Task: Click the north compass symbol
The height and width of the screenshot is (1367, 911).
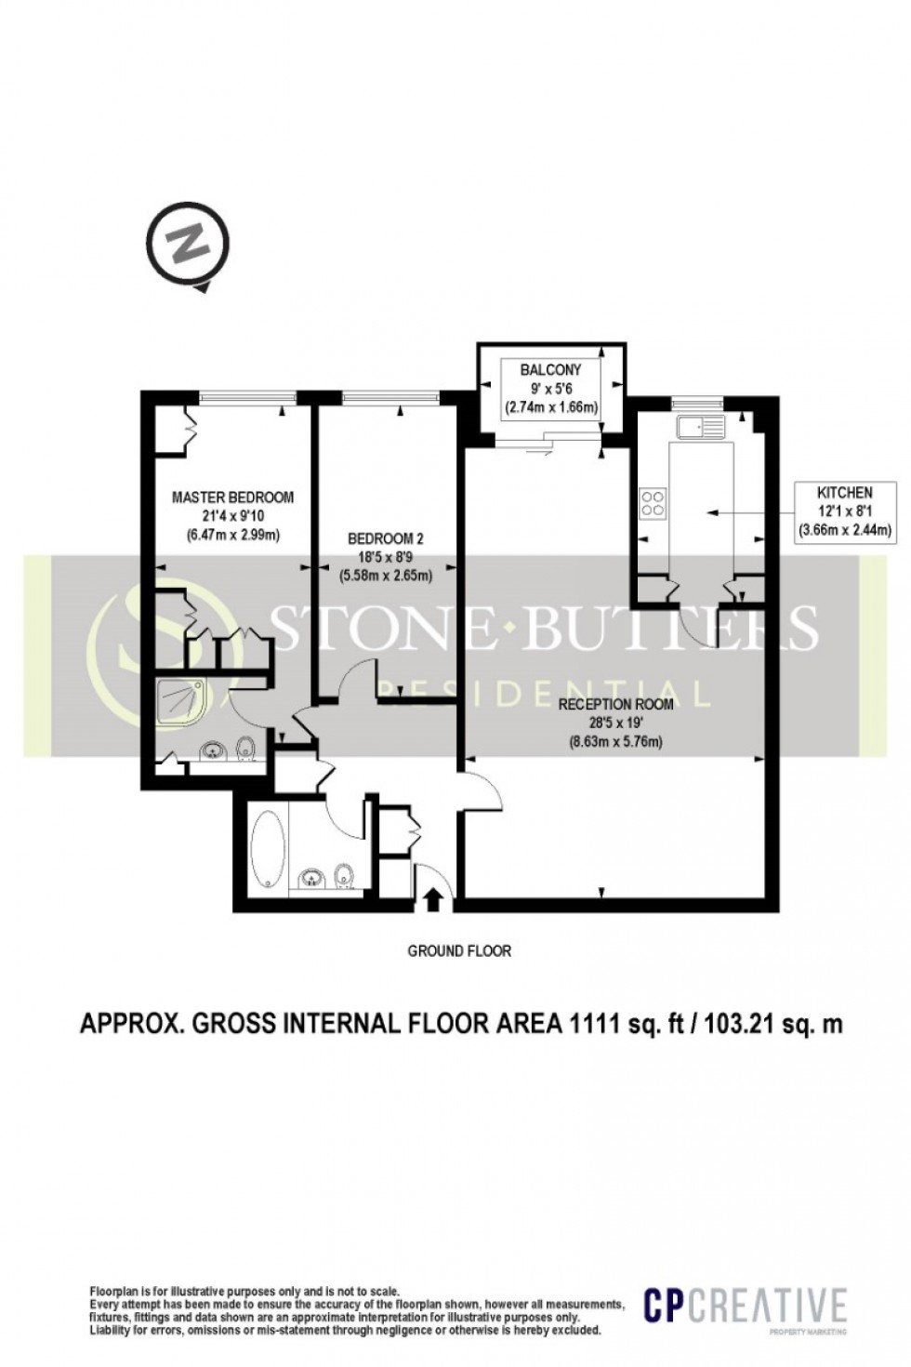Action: (x=190, y=247)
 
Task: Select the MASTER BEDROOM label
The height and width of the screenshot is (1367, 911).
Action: (x=232, y=497)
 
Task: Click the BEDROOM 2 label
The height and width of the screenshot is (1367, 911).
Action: (x=385, y=538)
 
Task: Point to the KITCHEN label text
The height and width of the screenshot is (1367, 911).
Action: (x=844, y=493)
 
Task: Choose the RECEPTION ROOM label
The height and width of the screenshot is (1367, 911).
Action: (x=614, y=704)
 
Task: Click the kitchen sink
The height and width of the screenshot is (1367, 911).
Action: (x=700, y=428)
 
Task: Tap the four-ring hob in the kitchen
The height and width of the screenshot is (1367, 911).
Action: (x=654, y=502)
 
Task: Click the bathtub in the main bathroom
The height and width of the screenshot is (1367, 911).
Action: (x=266, y=849)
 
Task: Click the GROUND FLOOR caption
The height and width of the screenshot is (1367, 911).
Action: (x=459, y=951)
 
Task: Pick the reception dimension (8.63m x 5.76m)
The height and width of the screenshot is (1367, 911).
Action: (x=614, y=741)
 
